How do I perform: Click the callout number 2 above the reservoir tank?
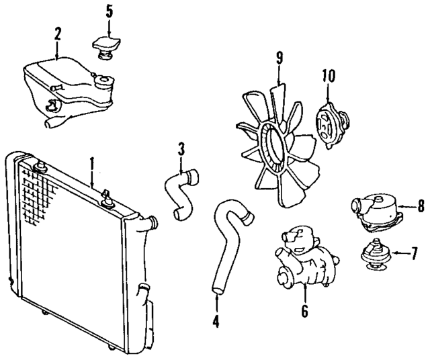pyautogui.click(x=58, y=33)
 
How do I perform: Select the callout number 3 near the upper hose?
pyautogui.click(x=181, y=148)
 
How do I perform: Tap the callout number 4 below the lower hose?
pyautogui.click(x=216, y=321)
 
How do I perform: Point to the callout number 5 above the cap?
pyautogui.click(x=110, y=11)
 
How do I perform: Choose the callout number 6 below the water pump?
pyautogui.click(x=304, y=310)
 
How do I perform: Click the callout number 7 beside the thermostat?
pyautogui.click(x=415, y=255)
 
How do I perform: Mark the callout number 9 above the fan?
pyautogui.click(x=279, y=58)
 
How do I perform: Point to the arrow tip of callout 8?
pyautogui.click(x=399, y=207)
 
